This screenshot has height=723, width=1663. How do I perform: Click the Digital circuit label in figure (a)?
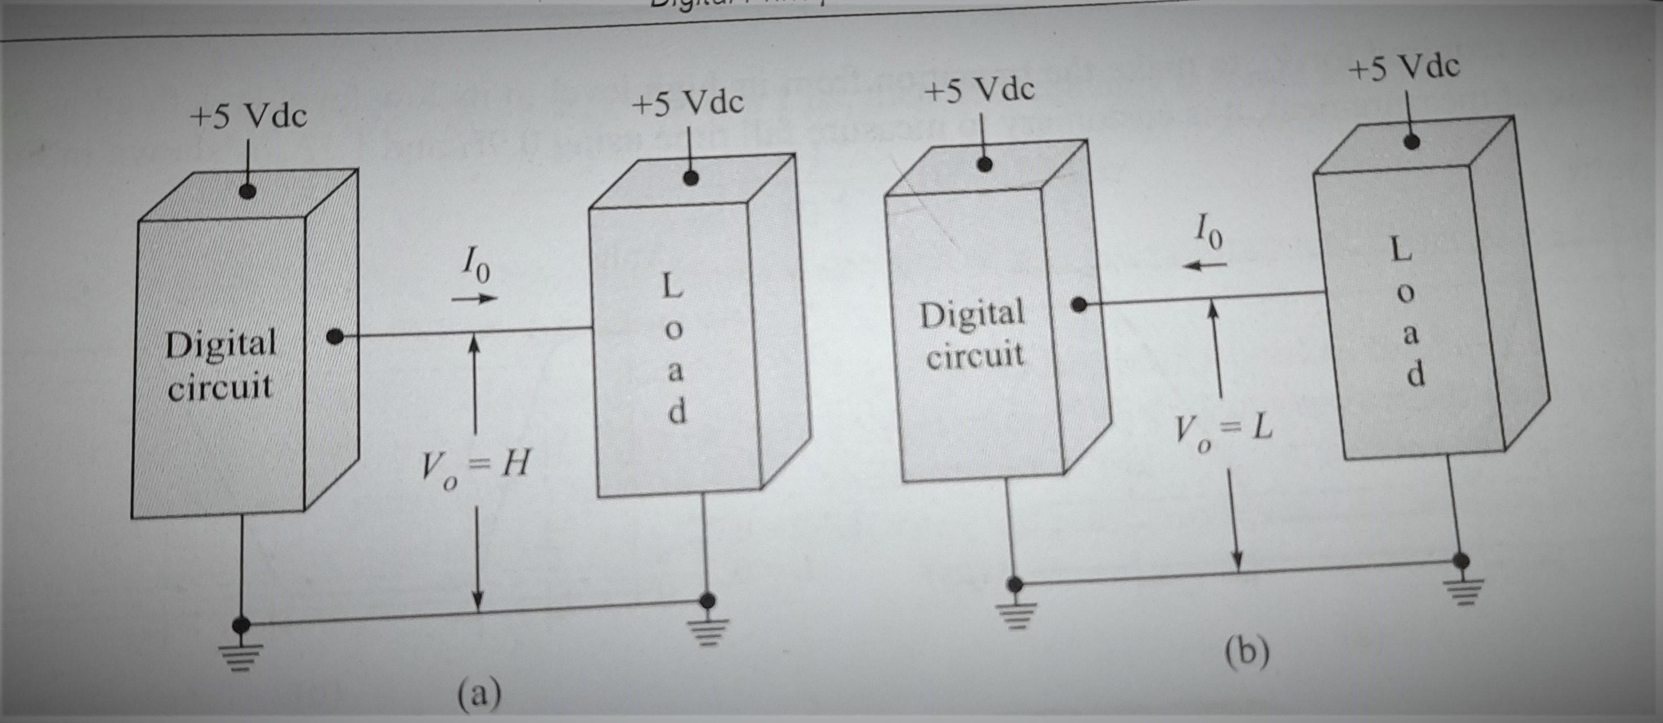click(x=221, y=364)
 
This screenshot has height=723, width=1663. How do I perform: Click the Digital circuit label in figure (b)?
click(x=974, y=334)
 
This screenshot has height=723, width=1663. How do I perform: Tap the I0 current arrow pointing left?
click(x=1205, y=265)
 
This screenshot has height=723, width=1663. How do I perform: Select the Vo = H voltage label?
click(x=475, y=467)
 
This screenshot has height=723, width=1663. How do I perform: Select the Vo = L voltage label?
click(x=1222, y=431)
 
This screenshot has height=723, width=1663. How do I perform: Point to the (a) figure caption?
click(x=479, y=694)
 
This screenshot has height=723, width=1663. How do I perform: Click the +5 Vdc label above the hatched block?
click(x=248, y=117)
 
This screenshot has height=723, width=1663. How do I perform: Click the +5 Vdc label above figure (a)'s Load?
click(x=688, y=103)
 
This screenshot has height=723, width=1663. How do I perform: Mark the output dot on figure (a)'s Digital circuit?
click(x=334, y=337)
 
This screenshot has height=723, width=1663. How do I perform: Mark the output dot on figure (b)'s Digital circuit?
click(x=1077, y=305)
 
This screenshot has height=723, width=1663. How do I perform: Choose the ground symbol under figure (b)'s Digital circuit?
click(x=1015, y=611)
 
